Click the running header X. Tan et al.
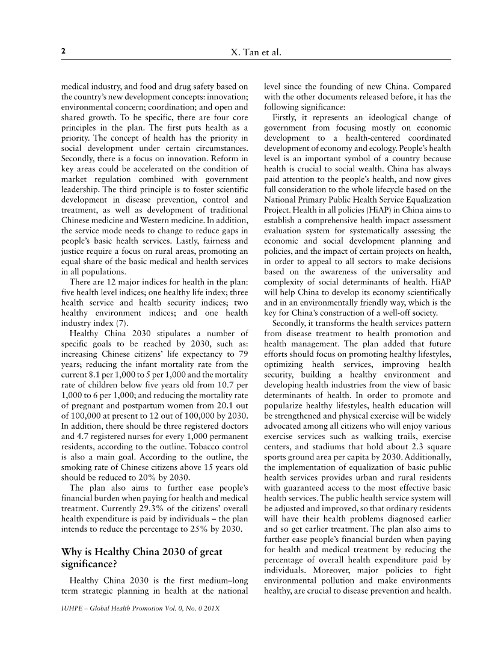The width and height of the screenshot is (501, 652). (256, 54)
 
